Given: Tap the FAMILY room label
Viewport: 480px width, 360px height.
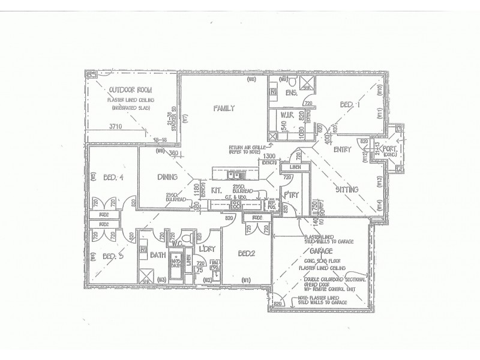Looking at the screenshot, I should click(x=223, y=109).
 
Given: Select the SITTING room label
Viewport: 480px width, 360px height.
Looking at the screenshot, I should click(x=347, y=189).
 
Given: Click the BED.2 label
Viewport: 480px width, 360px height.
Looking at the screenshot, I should click(x=246, y=253).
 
